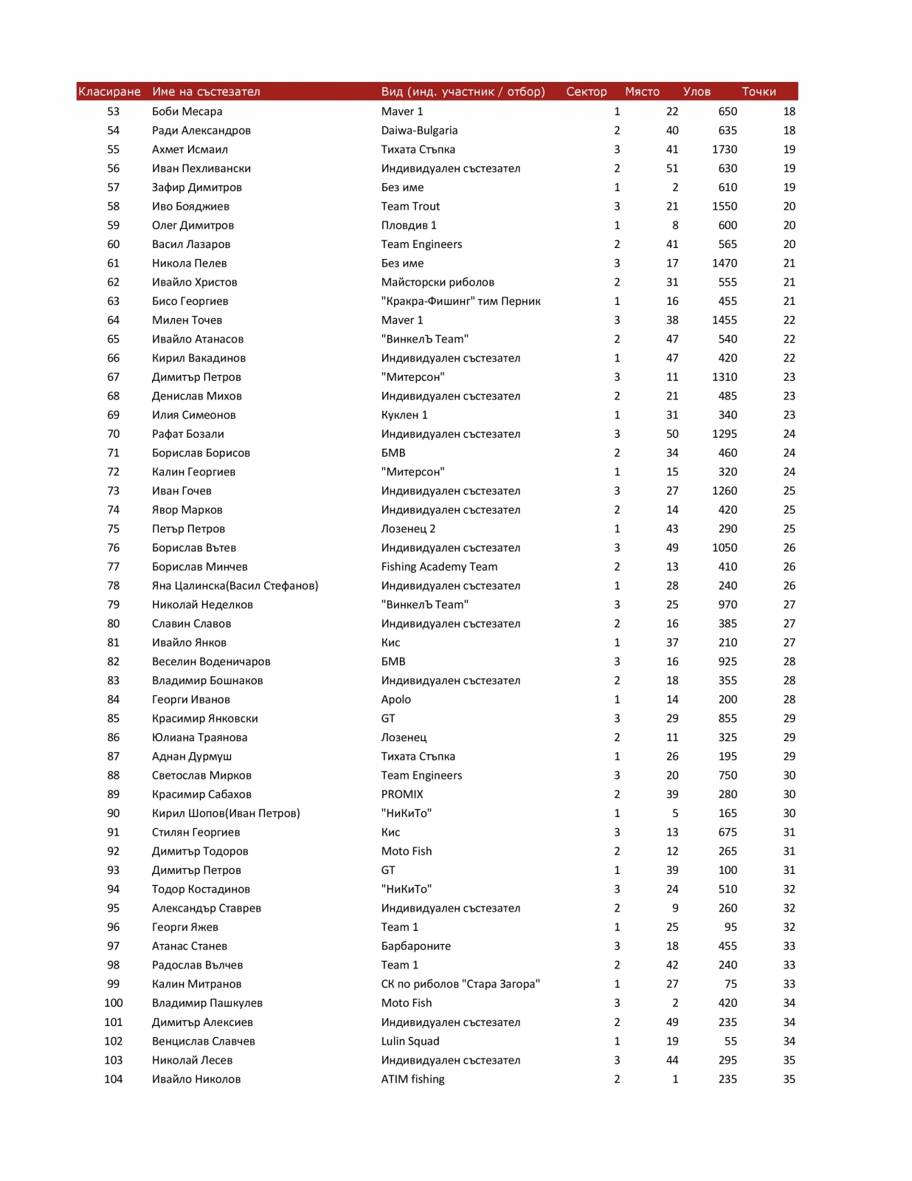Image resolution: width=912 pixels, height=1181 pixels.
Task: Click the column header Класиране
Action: tap(109, 92)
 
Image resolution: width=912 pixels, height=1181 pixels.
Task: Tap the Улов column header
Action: tap(697, 92)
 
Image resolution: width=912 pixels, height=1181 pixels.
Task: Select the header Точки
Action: tap(759, 92)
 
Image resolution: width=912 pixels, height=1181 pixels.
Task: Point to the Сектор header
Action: tap(587, 92)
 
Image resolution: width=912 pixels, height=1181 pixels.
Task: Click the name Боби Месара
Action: tap(187, 111)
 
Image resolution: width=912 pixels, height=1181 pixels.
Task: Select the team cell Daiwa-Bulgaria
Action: tap(419, 131)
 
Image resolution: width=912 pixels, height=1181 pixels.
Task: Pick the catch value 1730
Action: tap(725, 149)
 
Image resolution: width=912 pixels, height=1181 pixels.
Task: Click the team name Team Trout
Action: tap(410, 207)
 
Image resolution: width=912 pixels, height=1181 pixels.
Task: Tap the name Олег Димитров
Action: tap(193, 225)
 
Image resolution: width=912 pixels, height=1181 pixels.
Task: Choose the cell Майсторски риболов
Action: tap(438, 282)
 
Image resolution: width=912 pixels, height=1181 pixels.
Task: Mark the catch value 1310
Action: tap(725, 377)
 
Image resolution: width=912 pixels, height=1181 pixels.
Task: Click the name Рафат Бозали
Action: tap(188, 434)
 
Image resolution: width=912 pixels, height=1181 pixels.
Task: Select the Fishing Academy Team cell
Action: tap(439, 567)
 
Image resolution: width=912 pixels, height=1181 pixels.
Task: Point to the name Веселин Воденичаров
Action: tap(211, 661)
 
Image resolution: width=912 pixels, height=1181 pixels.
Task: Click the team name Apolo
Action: tap(396, 700)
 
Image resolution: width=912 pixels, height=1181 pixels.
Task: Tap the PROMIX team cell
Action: tap(402, 794)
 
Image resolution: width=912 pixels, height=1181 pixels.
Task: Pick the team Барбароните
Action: tap(416, 946)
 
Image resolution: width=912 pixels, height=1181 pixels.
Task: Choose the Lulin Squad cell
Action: tap(410, 1041)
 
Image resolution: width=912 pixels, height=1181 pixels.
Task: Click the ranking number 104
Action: tap(114, 1079)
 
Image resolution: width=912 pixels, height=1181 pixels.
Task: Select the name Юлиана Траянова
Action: tap(200, 737)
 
